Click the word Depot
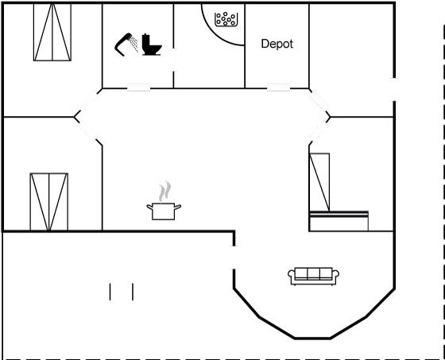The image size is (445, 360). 277,44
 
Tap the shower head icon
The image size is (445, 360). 126,45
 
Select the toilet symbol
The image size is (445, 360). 151,45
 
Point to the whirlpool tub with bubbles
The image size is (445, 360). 226,19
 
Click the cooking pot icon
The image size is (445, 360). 164,211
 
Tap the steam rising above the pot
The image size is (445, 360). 165,191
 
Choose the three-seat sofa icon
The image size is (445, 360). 313,276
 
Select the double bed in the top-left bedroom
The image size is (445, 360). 52,32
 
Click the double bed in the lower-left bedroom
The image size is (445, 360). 48,202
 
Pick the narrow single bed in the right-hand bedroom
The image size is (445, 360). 319,182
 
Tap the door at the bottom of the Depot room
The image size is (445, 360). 278,87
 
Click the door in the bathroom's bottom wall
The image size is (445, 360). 138,87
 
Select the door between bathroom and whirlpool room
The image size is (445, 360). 173,60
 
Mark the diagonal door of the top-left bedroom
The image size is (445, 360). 88,102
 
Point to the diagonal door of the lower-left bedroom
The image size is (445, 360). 87,131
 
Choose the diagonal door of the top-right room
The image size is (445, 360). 319,102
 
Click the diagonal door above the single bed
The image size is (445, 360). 319,131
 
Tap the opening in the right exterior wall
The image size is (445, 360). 394,89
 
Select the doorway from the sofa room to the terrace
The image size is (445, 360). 234,257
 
